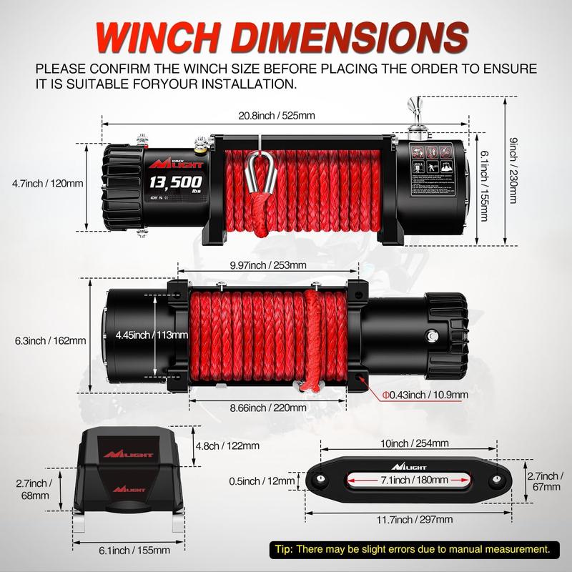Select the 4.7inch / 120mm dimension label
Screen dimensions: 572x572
point(48,183)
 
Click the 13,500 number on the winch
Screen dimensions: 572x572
point(176,181)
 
